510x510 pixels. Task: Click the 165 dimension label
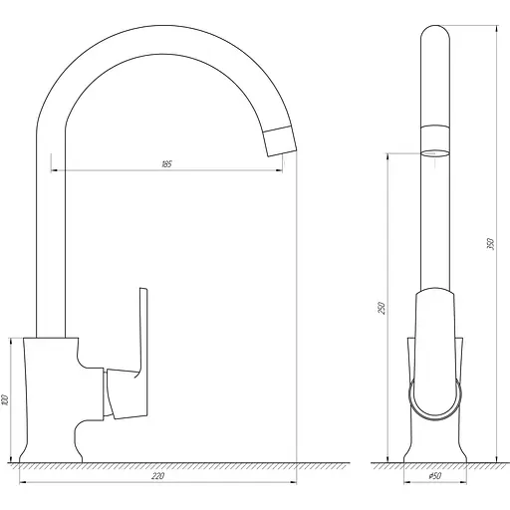166,164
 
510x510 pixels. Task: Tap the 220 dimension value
157,476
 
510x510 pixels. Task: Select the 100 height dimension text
5,399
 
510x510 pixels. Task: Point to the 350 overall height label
491,244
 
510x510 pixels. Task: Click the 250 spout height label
382,308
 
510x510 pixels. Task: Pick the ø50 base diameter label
435,476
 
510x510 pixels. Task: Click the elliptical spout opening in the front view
435,153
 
